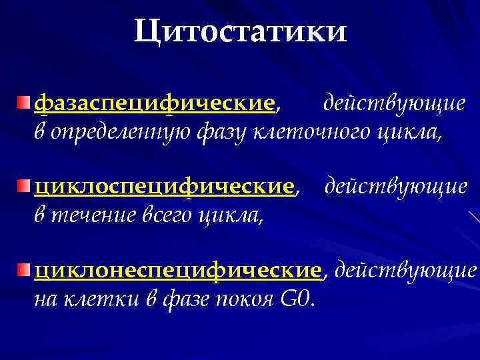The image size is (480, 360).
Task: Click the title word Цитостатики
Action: [240, 31]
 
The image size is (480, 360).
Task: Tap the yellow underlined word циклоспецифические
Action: [164, 187]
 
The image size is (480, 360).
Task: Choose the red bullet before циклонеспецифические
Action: [25, 269]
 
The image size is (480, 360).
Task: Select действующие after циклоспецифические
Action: [396, 187]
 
